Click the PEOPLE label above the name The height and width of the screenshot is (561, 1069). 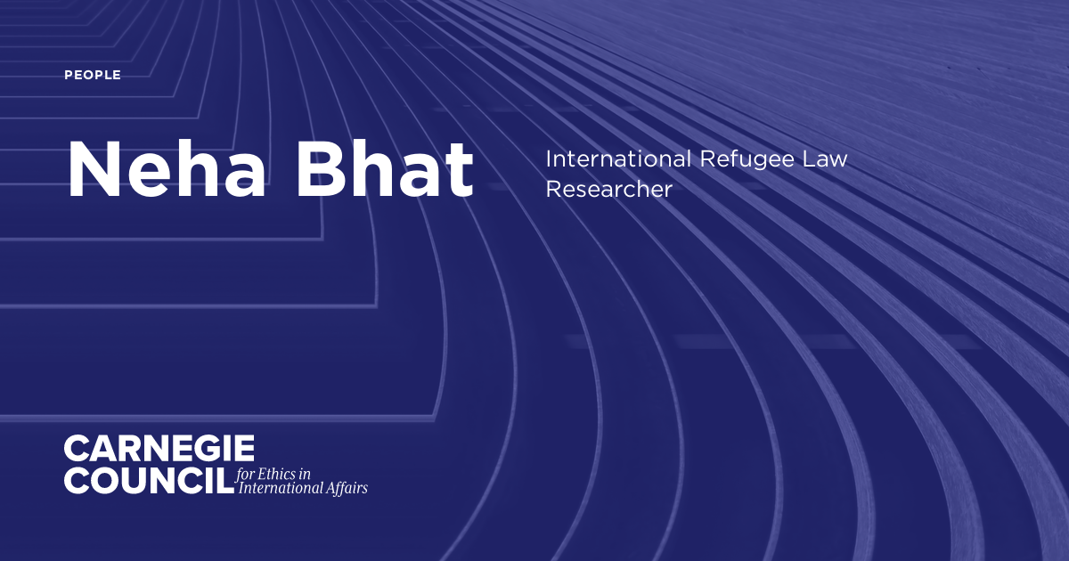pyautogui.click(x=93, y=76)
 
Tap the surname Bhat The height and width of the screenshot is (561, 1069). pyautogui.click(x=386, y=169)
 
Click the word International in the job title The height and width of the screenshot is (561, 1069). pyautogui.click(x=616, y=160)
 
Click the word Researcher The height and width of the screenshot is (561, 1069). pyautogui.click(x=608, y=190)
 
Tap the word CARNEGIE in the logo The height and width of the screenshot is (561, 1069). pyautogui.click(x=159, y=448)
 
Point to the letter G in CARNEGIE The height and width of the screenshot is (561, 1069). pyautogui.click(x=211, y=448)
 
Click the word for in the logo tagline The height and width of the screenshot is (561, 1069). pyautogui.click(x=246, y=473)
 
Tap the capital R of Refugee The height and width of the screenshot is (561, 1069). pyautogui.click(x=707, y=160)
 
